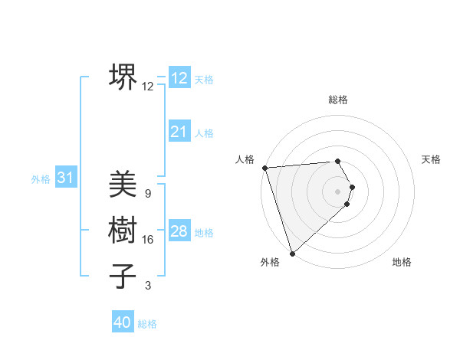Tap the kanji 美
pos(123,184)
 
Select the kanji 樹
pos(123,230)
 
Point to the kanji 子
pos(123,276)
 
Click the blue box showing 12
pos(179,78)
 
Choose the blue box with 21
pos(179,132)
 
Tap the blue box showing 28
pos(179,231)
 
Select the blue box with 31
pos(66,178)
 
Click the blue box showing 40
pos(123,322)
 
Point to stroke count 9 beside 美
pos(147,193)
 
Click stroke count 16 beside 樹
pos(148,240)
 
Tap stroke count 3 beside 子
pos(148,286)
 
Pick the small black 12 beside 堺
pos(148,87)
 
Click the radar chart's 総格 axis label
pos(338,100)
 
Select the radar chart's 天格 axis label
pos(431,159)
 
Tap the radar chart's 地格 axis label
pos(402,262)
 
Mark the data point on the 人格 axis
pos(264,168)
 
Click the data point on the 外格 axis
pos(292,253)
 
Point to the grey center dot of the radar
pos(338,191)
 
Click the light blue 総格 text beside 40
pos(147,324)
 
